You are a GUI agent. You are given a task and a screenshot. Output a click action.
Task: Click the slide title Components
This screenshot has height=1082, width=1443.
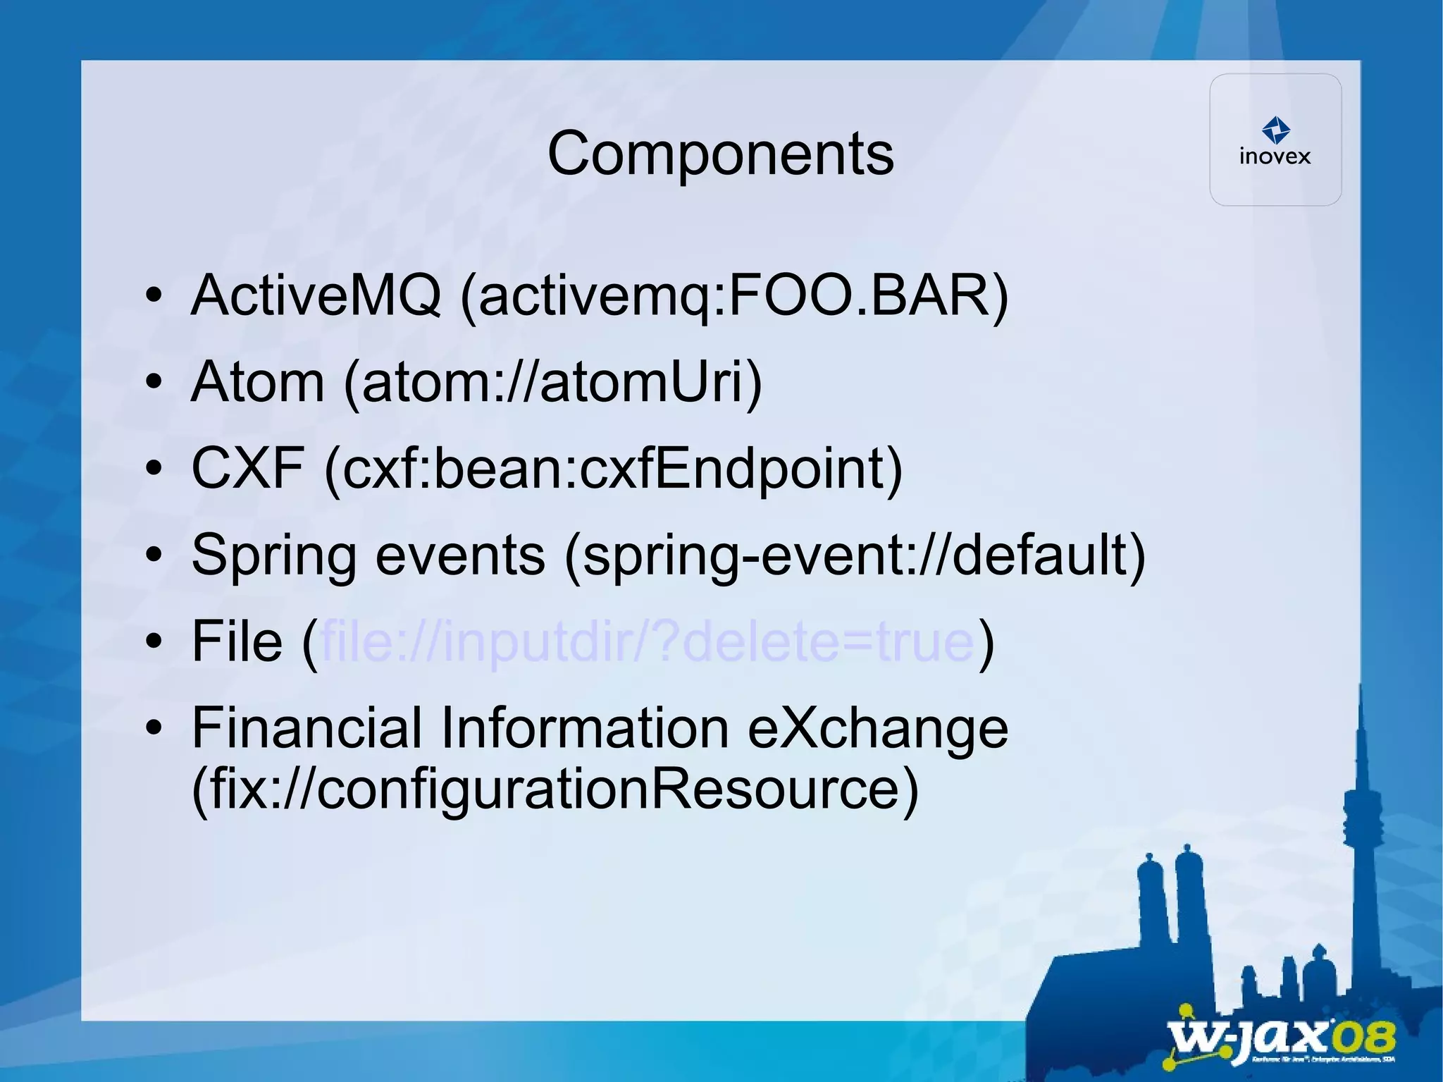[x=720, y=154]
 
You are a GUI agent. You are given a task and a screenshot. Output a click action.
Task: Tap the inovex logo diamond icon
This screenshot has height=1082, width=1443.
[x=1275, y=130]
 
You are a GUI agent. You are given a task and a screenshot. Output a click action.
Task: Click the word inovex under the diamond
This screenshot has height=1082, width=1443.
[x=1275, y=156]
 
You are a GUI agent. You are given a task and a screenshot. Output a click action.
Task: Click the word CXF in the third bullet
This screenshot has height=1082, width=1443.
[x=248, y=468]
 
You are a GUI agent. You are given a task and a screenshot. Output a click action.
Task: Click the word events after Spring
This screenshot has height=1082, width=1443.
[x=460, y=555]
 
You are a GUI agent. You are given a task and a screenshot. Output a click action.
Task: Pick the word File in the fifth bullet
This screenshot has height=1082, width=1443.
[x=237, y=641]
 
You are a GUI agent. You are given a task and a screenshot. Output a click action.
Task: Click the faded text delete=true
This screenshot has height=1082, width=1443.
[x=829, y=641]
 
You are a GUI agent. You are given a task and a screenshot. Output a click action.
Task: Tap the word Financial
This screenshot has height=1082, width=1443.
[x=306, y=727]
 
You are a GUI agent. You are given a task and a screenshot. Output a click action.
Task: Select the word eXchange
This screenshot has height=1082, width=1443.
[x=877, y=727]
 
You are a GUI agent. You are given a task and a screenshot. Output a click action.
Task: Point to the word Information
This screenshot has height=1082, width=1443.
[x=584, y=727]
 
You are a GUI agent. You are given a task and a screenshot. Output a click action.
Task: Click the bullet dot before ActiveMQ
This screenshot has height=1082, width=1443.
[x=154, y=295]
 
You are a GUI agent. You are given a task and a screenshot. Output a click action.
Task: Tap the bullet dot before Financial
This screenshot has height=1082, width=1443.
[x=154, y=727]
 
